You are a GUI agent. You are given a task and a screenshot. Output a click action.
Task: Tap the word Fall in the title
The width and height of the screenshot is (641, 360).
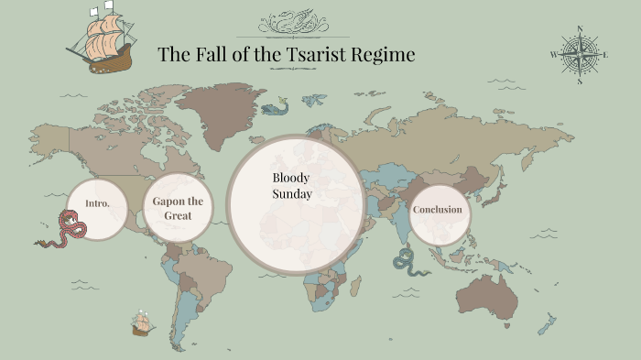click(x=210, y=54)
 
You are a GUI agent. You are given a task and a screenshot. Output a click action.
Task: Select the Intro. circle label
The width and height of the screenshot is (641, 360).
click(x=97, y=203)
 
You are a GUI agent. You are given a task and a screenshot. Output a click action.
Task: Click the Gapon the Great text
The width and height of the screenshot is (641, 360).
click(x=178, y=208)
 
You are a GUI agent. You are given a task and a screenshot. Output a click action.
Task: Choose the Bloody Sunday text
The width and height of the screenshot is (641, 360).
click(x=292, y=185)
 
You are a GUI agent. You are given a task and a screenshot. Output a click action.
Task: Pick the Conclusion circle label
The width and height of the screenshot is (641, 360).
click(x=437, y=210)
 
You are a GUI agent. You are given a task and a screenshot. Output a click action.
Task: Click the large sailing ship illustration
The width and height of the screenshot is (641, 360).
click(x=103, y=39)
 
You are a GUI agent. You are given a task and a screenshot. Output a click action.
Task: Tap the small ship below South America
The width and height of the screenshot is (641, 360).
click(x=141, y=322)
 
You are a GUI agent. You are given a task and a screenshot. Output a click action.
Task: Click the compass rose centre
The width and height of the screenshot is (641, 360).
click(x=579, y=54)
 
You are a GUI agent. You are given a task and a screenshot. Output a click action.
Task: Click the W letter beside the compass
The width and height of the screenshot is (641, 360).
click(x=553, y=55)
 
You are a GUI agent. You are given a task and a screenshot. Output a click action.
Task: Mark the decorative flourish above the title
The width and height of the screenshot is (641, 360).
click(x=292, y=23)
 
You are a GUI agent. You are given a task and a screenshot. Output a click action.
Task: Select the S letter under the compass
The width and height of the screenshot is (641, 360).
click(x=579, y=82)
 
